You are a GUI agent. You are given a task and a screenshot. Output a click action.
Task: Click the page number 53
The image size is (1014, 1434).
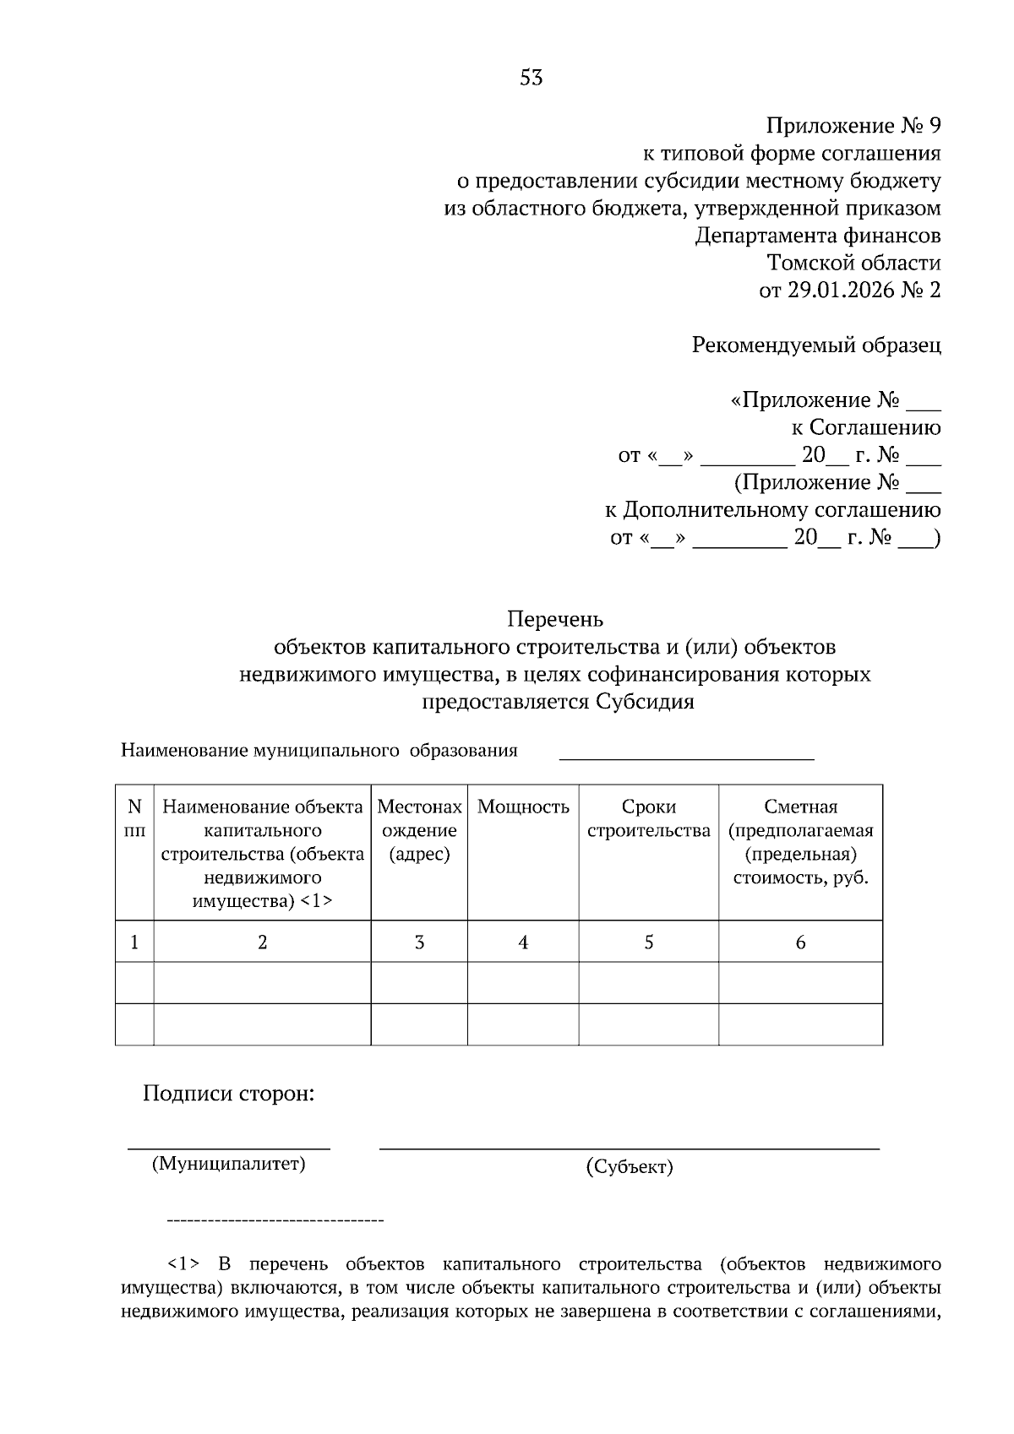click(x=531, y=79)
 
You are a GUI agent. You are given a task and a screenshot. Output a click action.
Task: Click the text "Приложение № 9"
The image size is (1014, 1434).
click(x=853, y=127)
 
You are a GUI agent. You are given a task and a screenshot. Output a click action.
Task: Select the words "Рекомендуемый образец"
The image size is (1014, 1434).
click(x=815, y=345)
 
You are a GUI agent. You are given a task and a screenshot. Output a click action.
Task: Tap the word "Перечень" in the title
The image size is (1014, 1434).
click(x=555, y=620)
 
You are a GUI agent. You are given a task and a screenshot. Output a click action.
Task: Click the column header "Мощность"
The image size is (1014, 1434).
click(x=523, y=807)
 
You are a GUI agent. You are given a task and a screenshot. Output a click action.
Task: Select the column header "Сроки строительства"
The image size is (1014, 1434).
click(x=648, y=818)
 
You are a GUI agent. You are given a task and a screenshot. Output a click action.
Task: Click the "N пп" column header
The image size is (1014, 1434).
click(x=134, y=818)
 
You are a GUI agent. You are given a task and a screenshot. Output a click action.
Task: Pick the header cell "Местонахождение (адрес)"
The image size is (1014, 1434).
click(x=419, y=830)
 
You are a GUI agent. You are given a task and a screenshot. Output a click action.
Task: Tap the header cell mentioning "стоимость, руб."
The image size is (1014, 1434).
click(x=800, y=877)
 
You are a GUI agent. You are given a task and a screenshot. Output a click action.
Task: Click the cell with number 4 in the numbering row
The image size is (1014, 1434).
click(x=523, y=942)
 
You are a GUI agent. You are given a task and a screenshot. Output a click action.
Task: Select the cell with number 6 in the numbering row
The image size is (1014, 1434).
click(x=800, y=942)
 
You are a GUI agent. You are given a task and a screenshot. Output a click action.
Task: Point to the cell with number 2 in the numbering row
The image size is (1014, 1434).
click(x=262, y=942)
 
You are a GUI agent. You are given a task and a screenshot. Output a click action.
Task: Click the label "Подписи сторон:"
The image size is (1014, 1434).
click(x=228, y=1095)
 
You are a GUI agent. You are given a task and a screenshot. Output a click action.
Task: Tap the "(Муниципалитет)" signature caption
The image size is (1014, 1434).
click(x=228, y=1165)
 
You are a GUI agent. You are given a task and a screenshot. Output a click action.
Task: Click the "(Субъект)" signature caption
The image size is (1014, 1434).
click(x=629, y=1168)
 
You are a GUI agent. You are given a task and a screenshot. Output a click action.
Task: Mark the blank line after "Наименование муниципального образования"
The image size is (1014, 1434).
click(x=686, y=757)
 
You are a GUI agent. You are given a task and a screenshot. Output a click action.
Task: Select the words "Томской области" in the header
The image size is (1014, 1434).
click(x=853, y=263)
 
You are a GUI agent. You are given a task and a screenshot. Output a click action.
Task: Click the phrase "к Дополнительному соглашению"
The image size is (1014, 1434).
click(x=772, y=510)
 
